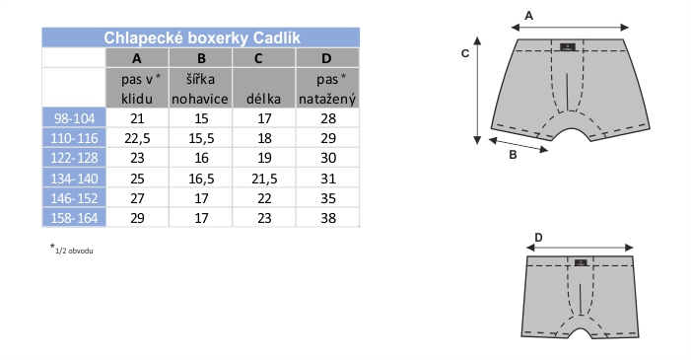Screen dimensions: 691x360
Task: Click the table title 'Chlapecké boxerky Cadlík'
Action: pyautogui.click(x=202, y=37)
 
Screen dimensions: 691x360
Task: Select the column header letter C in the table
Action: pyautogui.click(x=258, y=58)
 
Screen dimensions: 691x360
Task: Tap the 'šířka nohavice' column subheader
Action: pyautogui.click(x=200, y=89)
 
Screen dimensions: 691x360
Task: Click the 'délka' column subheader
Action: pyautogui.click(x=263, y=99)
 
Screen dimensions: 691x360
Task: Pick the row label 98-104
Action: pyautogui.click(x=74, y=118)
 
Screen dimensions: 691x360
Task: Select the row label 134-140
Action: pyautogui.click(x=74, y=179)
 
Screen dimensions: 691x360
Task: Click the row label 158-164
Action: pyautogui.click(x=74, y=218)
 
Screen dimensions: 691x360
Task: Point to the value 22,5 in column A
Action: pyautogui.click(x=137, y=138)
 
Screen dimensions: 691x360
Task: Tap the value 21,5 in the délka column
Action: pyautogui.click(x=264, y=179)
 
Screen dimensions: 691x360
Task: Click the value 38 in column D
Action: pyautogui.click(x=328, y=218)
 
